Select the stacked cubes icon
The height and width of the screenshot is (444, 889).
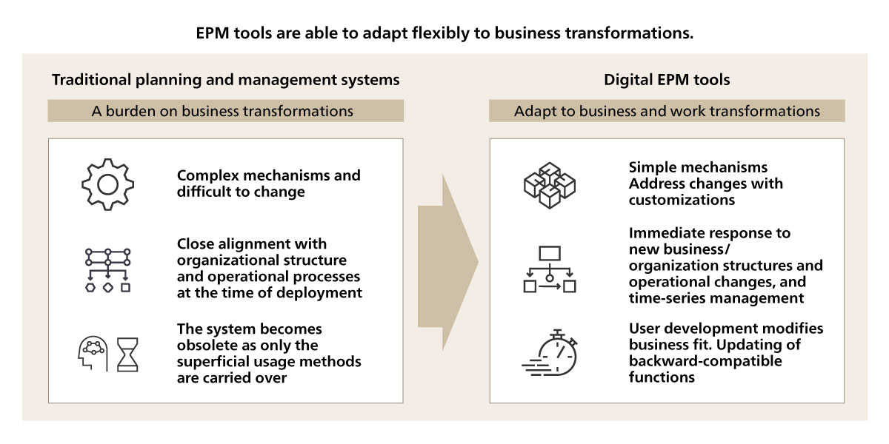550,185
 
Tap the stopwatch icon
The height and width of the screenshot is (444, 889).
550,353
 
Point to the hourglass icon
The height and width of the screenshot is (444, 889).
127,354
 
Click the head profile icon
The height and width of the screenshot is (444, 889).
93,354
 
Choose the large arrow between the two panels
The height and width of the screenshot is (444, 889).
448,262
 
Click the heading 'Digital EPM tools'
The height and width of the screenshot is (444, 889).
667,80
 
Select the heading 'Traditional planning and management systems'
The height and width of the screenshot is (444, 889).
225,80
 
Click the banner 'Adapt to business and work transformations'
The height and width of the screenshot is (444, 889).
667,110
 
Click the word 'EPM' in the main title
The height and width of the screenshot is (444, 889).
213,33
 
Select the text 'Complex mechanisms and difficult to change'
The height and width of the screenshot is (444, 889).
269,184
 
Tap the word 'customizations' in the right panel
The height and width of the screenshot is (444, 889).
682,200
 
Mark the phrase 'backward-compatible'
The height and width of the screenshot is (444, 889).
705,361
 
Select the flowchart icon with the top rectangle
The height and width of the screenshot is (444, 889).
550,269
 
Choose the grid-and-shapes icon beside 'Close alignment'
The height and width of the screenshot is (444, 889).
108,270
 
